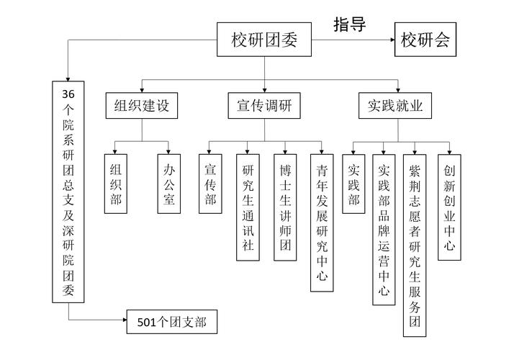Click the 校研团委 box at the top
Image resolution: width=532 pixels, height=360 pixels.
[264, 40]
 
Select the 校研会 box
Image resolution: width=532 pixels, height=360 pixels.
[425, 40]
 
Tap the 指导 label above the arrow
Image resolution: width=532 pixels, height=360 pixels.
[350, 24]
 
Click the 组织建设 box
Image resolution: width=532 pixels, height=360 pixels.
[141, 106]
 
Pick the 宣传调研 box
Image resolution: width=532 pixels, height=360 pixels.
[264, 106]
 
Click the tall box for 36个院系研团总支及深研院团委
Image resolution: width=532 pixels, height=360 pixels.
[68, 192]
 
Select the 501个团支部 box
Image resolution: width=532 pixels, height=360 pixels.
[171, 322]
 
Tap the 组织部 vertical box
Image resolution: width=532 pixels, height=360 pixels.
[116, 184]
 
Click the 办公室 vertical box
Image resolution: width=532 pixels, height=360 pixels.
[168, 184]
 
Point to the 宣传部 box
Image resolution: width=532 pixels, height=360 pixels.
[210, 184]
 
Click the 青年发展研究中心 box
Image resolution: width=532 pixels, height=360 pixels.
[322, 222]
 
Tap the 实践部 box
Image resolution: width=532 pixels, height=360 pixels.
[353, 184]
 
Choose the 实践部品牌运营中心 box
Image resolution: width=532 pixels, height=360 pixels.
[384, 230]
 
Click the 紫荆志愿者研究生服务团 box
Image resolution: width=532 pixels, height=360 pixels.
[415, 245]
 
